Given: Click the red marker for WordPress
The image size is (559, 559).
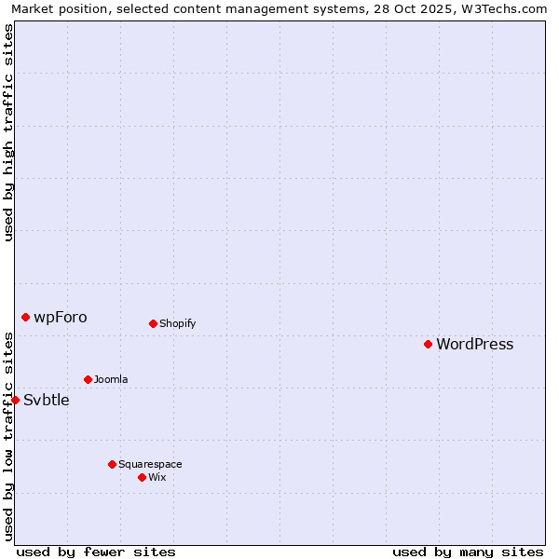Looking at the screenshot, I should click(428, 344).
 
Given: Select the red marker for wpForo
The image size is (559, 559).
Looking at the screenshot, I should click(25, 317).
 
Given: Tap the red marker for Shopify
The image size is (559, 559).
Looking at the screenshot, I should click(153, 323).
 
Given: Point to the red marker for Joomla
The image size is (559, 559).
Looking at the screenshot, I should click(88, 379).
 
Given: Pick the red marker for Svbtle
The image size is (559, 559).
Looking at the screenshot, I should click(15, 400).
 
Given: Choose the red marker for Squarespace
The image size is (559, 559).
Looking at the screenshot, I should click(112, 464).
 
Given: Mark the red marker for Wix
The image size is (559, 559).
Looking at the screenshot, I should click(142, 477).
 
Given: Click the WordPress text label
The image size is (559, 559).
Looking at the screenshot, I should click(474, 344).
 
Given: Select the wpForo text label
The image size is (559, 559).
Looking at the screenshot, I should click(60, 317).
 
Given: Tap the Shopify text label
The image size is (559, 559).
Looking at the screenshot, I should click(177, 323).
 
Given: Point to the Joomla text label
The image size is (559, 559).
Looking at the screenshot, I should click(111, 379).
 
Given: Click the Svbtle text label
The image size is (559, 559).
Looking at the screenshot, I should click(47, 400).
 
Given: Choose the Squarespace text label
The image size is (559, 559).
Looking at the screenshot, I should click(150, 464).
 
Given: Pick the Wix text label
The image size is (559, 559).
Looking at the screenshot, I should click(157, 477).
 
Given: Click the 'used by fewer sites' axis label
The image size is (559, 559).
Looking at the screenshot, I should click(96, 552).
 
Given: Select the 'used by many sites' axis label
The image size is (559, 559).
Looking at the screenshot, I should click(468, 552).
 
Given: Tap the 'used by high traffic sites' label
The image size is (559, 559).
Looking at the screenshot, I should click(8, 132).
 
